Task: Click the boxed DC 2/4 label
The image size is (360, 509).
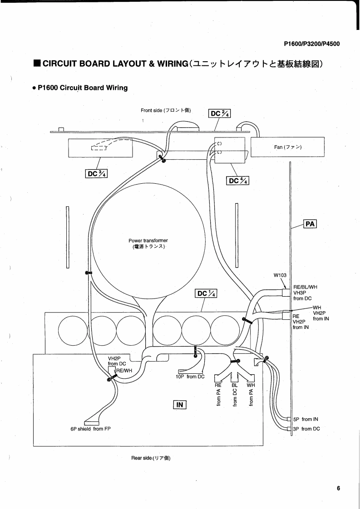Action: tap(219, 113)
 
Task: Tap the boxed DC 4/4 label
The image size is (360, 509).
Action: tap(238, 181)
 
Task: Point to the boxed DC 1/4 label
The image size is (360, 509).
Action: tap(206, 294)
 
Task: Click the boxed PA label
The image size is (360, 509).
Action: tap(310, 224)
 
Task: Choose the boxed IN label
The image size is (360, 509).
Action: tap(180, 405)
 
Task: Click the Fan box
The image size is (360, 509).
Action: tap(287, 147)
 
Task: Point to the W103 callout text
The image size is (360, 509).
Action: tap(280, 275)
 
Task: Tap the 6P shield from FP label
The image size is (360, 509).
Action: tap(91, 429)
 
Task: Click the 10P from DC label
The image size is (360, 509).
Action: tap(190, 377)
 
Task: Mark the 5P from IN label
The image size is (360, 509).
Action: tap(306, 420)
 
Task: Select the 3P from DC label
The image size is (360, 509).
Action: tap(306, 429)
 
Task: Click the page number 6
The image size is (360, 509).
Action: tap(338, 488)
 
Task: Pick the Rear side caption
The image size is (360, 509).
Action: tap(151, 458)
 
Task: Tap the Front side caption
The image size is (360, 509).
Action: tap(166, 110)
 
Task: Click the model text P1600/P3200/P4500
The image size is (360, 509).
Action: tap(311, 44)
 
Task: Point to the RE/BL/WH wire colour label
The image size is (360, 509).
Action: tap(306, 287)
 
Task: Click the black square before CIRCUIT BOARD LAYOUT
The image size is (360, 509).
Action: tap(37, 64)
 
